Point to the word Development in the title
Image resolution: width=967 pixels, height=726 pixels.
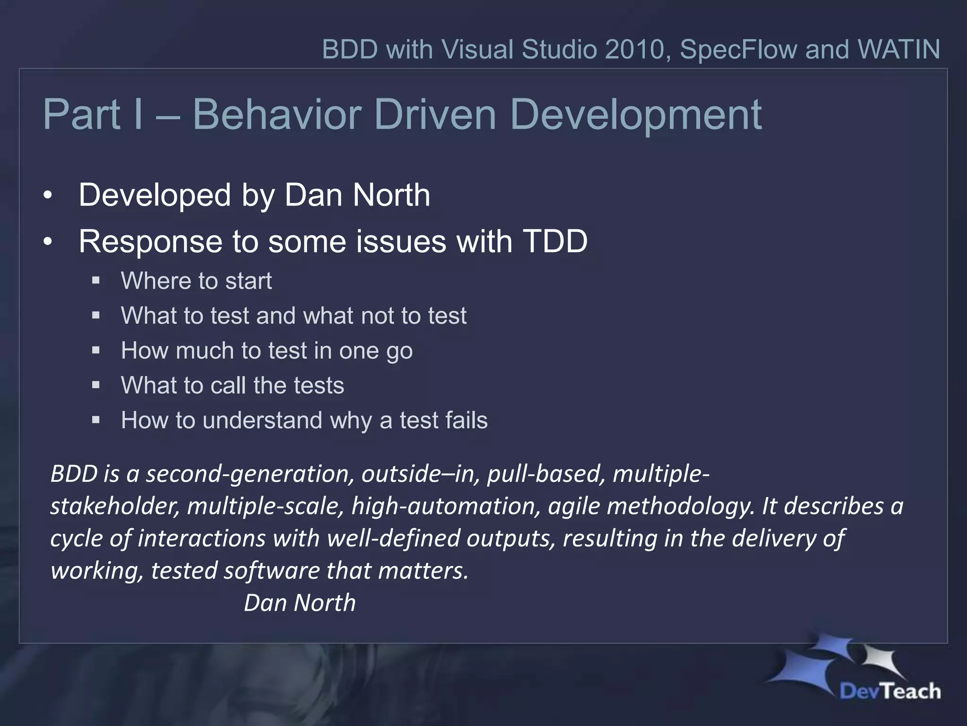636,114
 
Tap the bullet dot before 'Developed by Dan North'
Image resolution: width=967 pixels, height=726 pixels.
47,196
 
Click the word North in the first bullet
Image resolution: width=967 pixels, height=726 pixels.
391,195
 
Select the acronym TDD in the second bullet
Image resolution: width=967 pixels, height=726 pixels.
555,241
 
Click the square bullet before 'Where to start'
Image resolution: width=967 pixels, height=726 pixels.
96,281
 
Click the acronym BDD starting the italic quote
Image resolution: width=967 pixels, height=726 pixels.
74,474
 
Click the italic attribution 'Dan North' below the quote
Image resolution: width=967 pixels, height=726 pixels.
299,603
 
